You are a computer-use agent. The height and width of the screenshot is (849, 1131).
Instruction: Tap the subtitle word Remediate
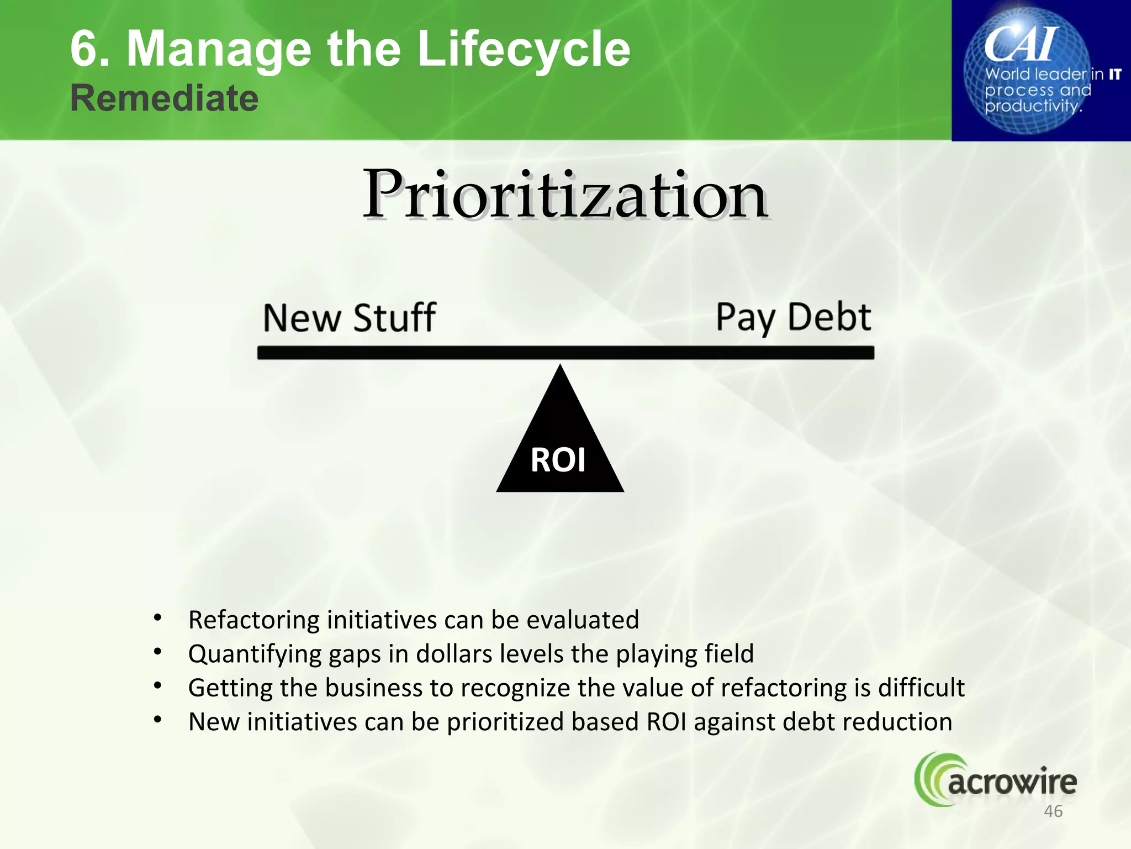click(164, 98)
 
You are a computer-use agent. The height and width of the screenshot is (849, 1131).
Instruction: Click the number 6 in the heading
click(83, 49)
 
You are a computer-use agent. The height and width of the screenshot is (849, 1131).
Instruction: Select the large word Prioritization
click(565, 195)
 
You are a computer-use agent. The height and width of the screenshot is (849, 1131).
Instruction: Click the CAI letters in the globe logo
click(1021, 44)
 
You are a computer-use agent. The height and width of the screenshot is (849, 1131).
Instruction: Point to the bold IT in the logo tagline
click(1115, 74)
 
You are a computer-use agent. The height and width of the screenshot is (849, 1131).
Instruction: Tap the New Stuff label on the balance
click(349, 318)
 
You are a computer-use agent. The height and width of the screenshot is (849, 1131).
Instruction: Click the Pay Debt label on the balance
click(793, 317)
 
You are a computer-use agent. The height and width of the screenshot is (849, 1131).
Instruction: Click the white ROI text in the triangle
click(558, 460)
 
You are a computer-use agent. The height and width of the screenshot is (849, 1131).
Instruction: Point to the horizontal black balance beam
click(565, 353)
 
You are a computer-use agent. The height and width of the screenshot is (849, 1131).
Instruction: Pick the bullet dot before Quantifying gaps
click(158, 652)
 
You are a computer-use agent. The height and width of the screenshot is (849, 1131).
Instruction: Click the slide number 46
click(1053, 811)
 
